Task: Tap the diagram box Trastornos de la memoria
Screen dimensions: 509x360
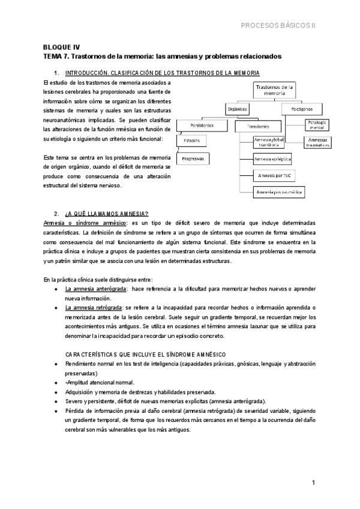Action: [274, 90]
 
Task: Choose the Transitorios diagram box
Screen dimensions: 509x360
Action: [252, 127]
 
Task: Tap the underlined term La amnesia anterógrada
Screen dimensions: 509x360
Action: [95, 289]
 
